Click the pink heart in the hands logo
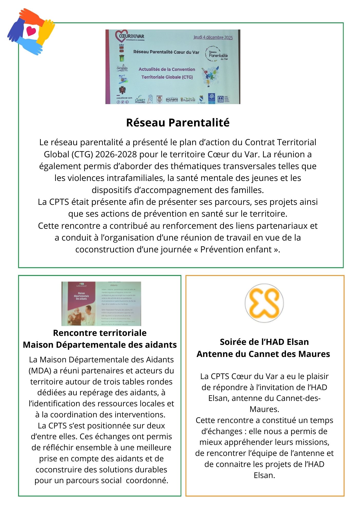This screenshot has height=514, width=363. [x=31, y=31]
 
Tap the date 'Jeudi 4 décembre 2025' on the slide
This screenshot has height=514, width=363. [x=213, y=37]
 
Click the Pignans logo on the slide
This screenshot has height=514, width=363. [x=172, y=100]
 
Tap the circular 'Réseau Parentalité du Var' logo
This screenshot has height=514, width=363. [x=216, y=54]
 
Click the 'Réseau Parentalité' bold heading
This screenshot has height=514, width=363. [x=178, y=123]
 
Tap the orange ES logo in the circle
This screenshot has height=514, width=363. [x=264, y=303]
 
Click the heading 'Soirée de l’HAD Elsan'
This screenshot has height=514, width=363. [x=264, y=342]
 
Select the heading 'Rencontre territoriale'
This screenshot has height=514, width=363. [x=100, y=333]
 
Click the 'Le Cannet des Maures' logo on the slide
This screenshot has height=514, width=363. [x=140, y=100]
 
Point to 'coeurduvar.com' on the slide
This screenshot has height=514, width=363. [x=124, y=98]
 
